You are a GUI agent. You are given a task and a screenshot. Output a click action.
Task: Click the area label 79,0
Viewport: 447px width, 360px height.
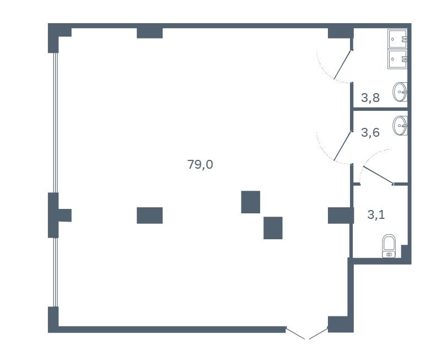coord(200,165)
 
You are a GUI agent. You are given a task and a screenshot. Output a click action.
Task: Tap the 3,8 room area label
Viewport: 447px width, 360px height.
coord(370,98)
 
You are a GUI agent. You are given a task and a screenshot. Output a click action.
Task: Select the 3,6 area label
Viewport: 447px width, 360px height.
coord(370,132)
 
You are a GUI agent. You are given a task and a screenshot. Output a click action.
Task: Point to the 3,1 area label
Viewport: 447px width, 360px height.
coord(376,214)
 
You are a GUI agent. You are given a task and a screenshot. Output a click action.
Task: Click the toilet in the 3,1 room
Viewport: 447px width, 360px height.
coord(389,246)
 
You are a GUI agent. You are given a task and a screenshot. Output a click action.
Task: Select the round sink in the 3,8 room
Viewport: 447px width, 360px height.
coord(400,92)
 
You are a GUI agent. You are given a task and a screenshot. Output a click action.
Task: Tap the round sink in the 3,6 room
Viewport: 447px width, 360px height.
coord(400,125)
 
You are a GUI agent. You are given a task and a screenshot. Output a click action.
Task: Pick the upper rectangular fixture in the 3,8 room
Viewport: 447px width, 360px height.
coord(397,39)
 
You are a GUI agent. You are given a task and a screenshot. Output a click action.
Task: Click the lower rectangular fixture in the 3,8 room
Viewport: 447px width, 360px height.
coord(397,59)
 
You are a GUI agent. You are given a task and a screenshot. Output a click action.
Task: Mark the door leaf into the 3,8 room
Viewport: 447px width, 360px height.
coord(343,65)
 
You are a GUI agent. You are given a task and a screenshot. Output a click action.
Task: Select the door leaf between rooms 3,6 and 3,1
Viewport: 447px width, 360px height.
coord(378,175)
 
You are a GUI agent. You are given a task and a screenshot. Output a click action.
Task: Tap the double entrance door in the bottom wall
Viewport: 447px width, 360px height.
coord(307,334)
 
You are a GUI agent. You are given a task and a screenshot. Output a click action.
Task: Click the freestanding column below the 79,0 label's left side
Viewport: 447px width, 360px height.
coord(150,216)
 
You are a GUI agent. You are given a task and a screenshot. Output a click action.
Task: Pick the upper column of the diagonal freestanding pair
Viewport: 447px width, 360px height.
coord(251,202)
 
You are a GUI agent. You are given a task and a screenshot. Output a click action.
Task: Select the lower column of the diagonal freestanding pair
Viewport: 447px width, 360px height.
coord(273,228)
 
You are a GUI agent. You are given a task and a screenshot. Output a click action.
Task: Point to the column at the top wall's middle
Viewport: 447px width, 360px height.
coord(150,33)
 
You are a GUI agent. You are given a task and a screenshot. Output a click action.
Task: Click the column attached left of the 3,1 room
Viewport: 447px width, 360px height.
coord(341,216)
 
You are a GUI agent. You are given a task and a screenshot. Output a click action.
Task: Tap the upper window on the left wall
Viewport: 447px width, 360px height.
coord(56,122)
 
